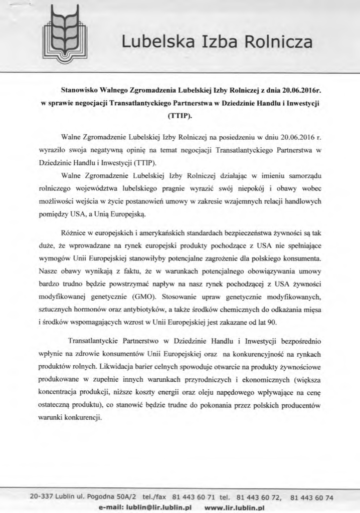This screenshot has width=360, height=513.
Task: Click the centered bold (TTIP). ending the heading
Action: pos(179,116)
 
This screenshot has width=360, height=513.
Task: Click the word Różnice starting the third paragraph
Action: pos(74,233)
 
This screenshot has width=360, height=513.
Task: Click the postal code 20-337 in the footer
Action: pos(41,497)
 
